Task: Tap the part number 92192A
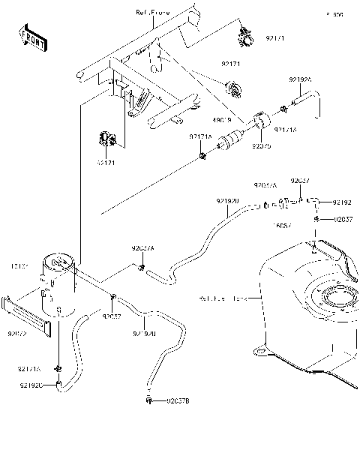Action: click(x=301, y=79)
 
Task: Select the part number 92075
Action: click(x=261, y=147)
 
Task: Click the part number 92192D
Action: click(x=227, y=202)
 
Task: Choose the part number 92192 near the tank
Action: click(x=342, y=202)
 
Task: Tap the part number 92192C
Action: click(x=31, y=385)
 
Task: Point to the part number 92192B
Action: click(x=144, y=333)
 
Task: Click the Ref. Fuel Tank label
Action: click(x=223, y=299)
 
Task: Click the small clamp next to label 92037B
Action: click(x=150, y=403)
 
